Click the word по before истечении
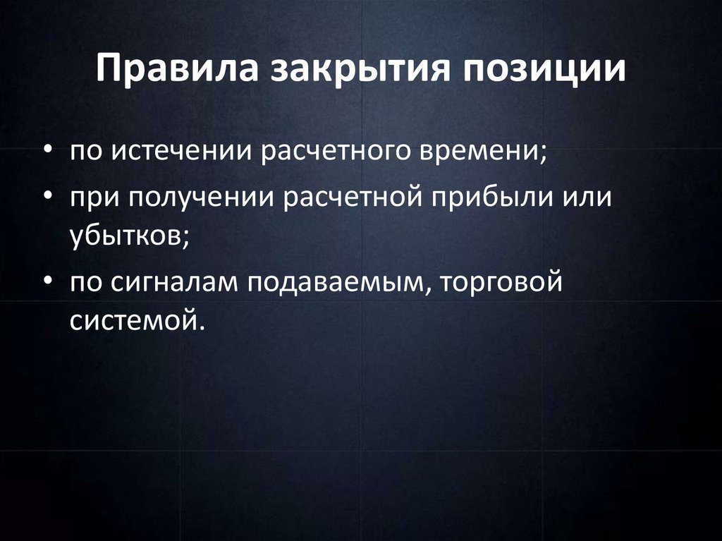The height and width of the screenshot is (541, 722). pyautogui.click(x=87, y=152)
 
